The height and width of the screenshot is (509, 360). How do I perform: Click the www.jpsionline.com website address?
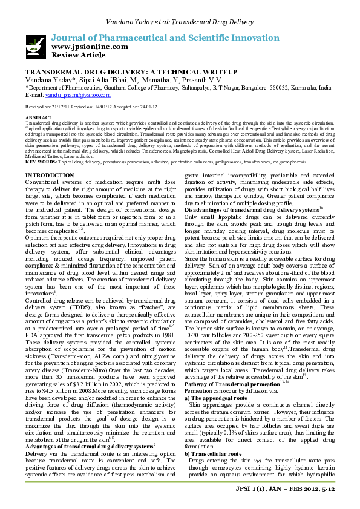coord(90,47)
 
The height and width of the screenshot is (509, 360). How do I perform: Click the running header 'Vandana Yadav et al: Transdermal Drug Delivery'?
coord(179,22)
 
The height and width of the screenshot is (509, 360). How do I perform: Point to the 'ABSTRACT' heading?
coord(38,117)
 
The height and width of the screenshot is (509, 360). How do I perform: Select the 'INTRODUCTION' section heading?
coord(50,175)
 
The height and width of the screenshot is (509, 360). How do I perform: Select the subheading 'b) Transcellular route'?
coord(212,436)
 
